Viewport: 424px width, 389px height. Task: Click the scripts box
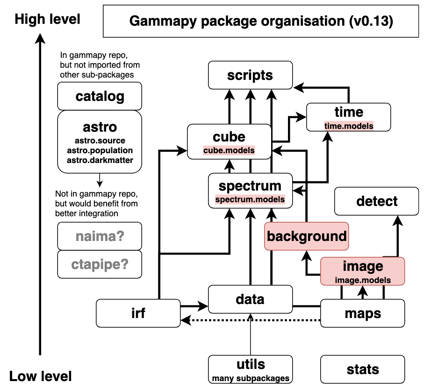tap(250, 75)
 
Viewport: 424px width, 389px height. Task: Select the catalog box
tap(100, 96)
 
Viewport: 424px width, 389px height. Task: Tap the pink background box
tap(307, 236)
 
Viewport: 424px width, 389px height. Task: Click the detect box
tap(376, 201)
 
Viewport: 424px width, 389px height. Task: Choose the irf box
tap(138, 313)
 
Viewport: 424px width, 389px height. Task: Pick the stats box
tap(363, 369)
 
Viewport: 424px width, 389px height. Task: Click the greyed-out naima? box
tap(100, 236)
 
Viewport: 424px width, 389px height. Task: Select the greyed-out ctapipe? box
tap(100, 264)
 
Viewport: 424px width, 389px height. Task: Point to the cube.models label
tap(229, 150)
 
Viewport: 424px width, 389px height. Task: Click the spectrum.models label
tap(250, 199)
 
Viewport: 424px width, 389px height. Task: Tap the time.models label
tap(349, 126)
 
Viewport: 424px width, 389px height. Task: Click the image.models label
tap(363, 280)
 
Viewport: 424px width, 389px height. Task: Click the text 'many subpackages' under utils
tap(251, 378)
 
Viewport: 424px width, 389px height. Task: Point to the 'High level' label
tap(48, 19)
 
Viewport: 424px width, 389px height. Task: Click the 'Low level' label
tap(41, 376)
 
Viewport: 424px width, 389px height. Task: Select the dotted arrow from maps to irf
tap(252, 320)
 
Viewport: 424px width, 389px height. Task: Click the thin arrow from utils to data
tap(251, 336)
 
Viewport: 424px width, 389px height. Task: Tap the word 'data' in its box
tap(250, 299)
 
